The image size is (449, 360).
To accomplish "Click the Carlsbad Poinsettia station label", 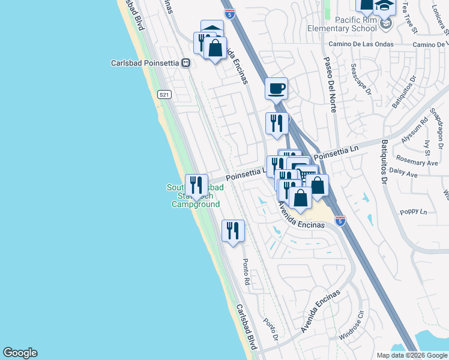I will click(x=146, y=62).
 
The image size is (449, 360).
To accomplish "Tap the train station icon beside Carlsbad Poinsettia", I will click(x=186, y=62).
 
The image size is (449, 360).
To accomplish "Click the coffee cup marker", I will click(x=276, y=89).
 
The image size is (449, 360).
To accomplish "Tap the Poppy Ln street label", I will click(x=414, y=212).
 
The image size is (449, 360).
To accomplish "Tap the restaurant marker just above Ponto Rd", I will click(x=233, y=230).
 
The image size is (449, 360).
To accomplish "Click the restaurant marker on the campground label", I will click(x=196, y=185).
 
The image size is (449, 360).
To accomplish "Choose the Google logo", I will click(x=20, y=353).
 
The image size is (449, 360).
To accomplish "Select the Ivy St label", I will click(x=428, y=147).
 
